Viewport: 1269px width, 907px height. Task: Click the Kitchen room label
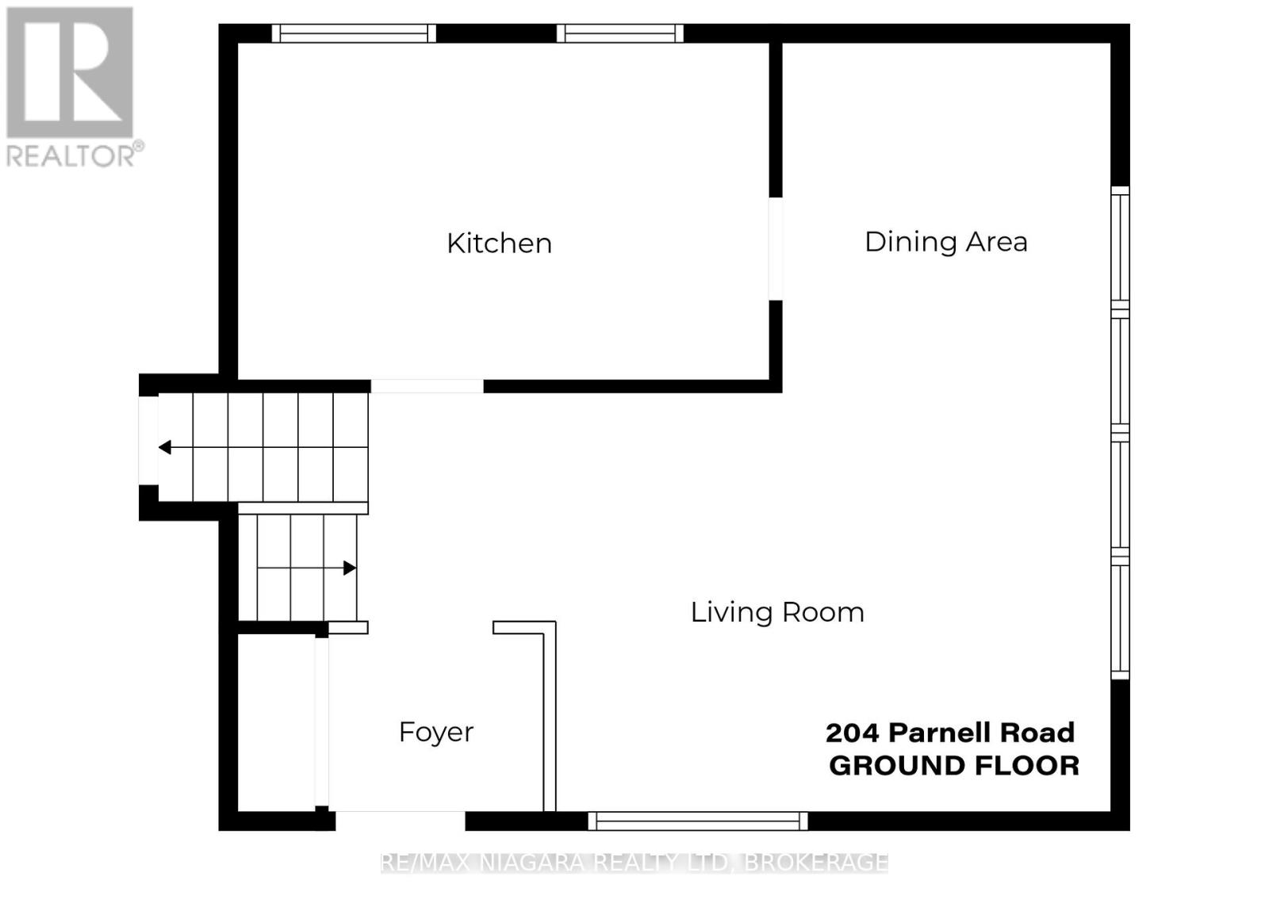pos(499,243)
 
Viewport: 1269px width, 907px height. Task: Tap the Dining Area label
pos(945,242)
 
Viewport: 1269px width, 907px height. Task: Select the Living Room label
pos(777,612)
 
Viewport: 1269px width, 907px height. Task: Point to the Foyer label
pos(435,732)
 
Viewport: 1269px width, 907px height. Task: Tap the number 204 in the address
pos(853,733)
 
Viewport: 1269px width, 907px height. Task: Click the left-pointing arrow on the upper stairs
pos(165,447)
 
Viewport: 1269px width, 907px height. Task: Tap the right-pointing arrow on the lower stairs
pos(349,568)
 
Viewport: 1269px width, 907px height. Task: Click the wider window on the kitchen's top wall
pos(354,33)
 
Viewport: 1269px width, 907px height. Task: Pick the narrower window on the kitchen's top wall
pos(619,33)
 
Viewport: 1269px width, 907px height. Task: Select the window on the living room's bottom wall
pos(698,821)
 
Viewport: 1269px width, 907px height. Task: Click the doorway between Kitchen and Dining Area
pos(776,248)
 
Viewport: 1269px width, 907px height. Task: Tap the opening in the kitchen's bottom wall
pos(427,386)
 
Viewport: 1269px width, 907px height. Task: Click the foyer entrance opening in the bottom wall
pos(400,821)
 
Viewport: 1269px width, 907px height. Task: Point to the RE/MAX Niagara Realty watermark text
pos(634,863)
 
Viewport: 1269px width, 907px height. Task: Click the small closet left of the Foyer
pos(276,723)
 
